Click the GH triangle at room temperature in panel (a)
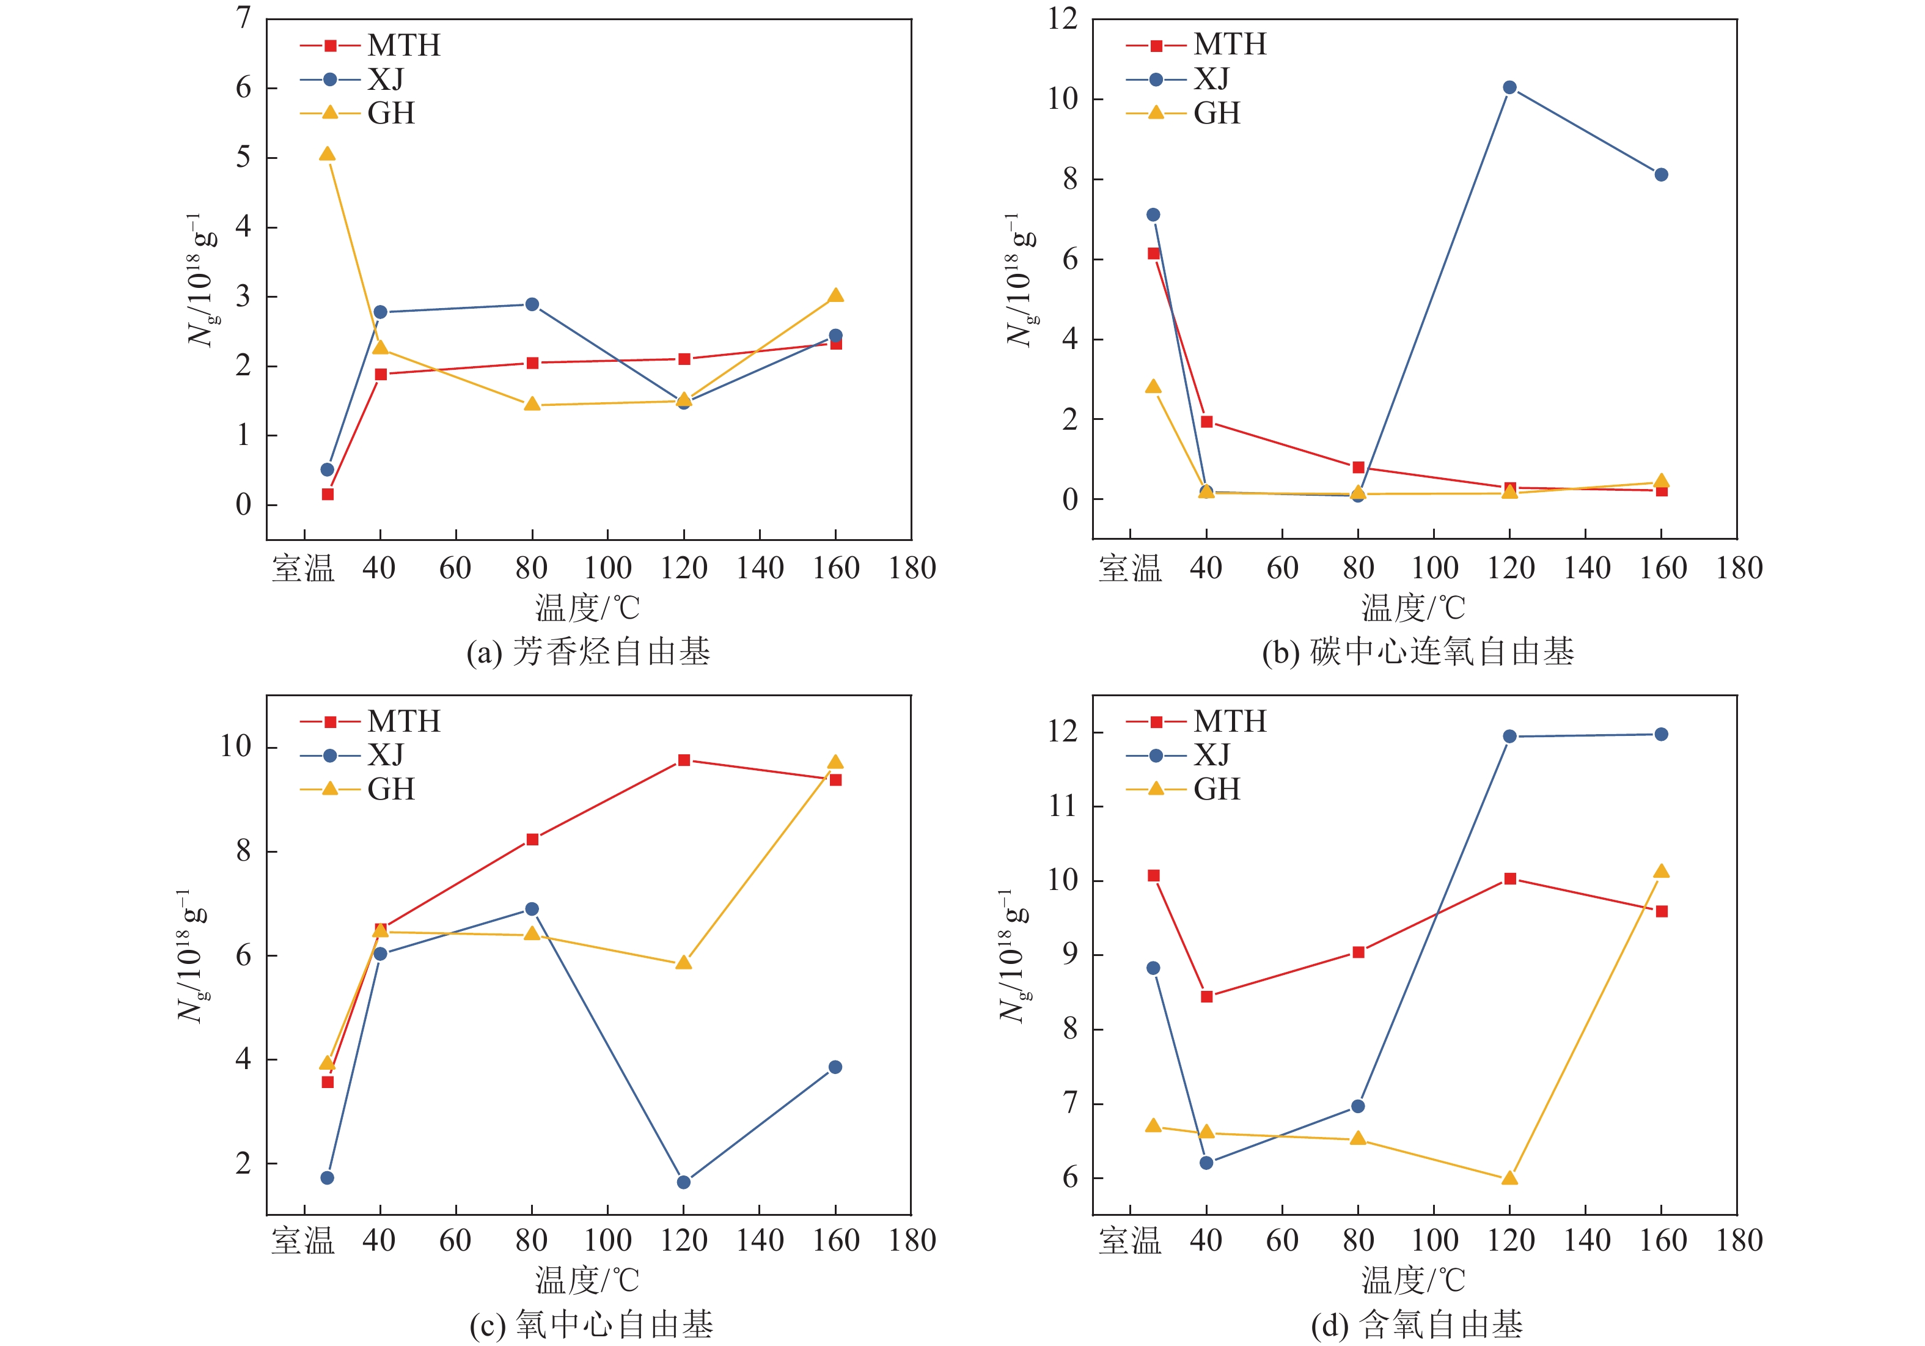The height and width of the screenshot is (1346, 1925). pyautogui.click(x=327, y=154)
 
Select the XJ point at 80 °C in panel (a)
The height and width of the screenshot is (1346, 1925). pyautogui.click(x=532, y=304)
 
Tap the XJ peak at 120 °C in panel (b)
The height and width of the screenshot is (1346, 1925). pyautogui.click(x=1509, y=87)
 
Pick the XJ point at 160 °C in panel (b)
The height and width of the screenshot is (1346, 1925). pyautogui.click(x=1661, y=174)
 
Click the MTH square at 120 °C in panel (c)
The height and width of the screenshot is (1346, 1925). pyautogui.click(x=684, y=760)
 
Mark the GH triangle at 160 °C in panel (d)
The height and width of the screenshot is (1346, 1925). pyautogui.click(x=1661, y=871)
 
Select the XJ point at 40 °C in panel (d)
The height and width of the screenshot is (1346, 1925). pyautogui.click(x=1206, y=1163)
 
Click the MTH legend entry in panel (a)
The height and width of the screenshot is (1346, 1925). pyautogui.click(x=370, y=45)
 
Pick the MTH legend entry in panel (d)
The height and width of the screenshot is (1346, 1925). pyautogui.click(x=1195, y=721)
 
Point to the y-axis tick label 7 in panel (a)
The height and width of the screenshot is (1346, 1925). pyautogui.click(x=243, y=18)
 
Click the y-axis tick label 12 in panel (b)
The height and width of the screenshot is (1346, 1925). pyautogui.click(x=1062, y=18)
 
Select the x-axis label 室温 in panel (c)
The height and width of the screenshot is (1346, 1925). pyautogui.click(x=302, y=1240)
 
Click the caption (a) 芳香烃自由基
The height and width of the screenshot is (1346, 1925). pyautogui.click(x=588, y=652)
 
